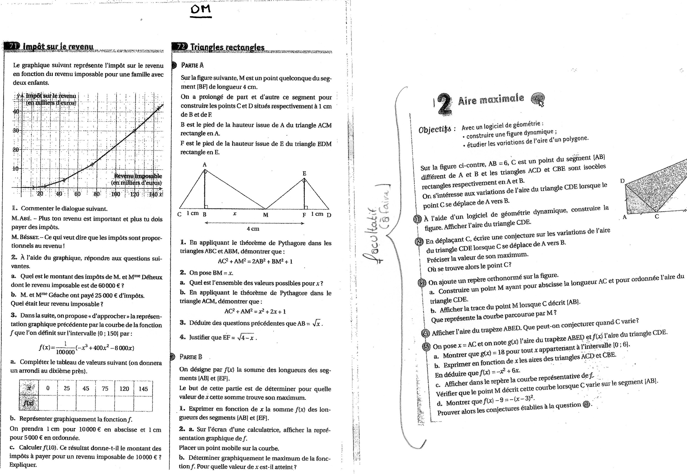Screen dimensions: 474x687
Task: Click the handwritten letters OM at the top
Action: [x=201, y=10]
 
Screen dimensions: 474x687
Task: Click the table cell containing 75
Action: [x=105, y=389]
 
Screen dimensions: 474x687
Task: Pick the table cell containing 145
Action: [x=143, y=389]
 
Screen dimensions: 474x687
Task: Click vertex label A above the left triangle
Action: [x=205, y=164]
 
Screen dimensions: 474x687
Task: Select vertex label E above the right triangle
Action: [x=304, y=173]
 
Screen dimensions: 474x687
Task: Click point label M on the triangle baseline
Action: [x=266, y=215]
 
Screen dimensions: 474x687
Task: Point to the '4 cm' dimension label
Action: [x=253, y=229]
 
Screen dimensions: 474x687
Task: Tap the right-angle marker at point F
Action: [x=306, y=207]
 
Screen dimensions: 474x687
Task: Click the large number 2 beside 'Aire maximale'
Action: [x=445, y=104]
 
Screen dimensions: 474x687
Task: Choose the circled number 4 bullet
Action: [x=426, y=333]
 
